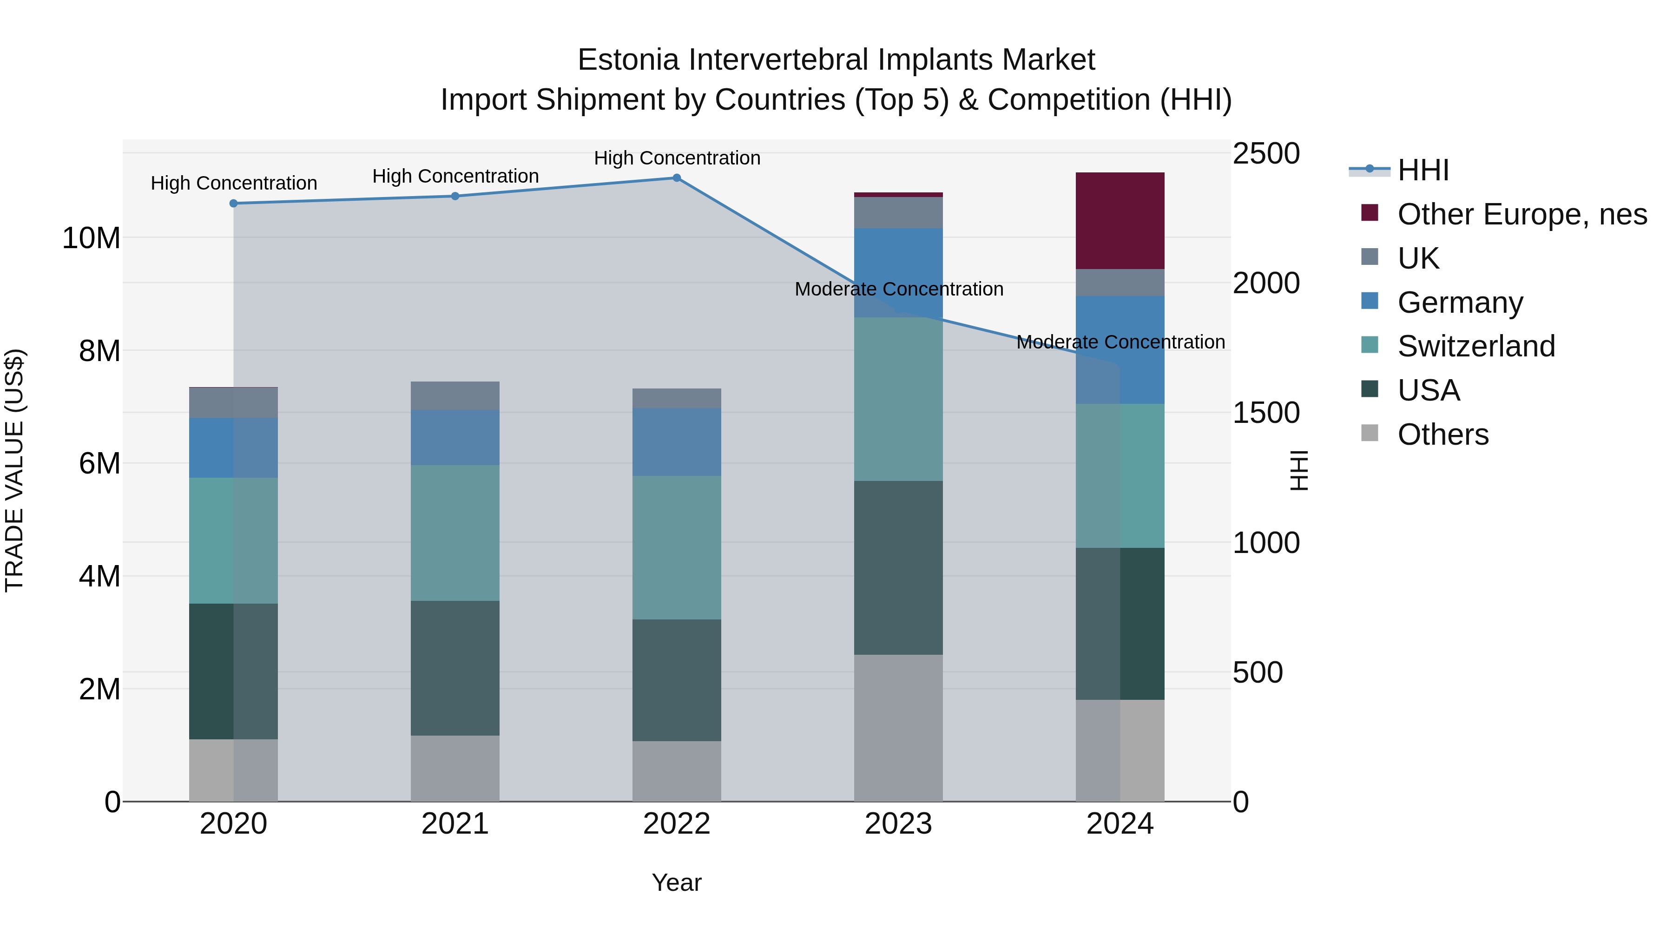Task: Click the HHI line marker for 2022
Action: pos(676,178)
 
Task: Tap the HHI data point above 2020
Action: pos(234,203)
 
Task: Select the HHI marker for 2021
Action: pos(455,196)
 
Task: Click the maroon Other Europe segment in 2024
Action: pos(1120,221)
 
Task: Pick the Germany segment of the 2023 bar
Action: pos(898,273)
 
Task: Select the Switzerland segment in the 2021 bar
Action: pos(455,533)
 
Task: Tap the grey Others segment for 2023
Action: pos(898,727)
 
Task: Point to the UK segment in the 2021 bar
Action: pos(455,396)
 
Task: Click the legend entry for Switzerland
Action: pos(1475,346)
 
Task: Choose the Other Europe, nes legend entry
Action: pos(1522,214)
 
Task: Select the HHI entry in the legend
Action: pos(1423,170)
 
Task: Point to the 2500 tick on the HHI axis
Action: pos(1266,154)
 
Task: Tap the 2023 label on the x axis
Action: pos(898,824)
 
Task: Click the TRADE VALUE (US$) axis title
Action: pos(14,470)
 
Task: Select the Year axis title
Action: pos(676,882)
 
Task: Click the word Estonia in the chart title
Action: pos(629,60)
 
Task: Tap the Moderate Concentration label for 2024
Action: pos(1120,342)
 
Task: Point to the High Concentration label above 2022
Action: pos(677,158)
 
